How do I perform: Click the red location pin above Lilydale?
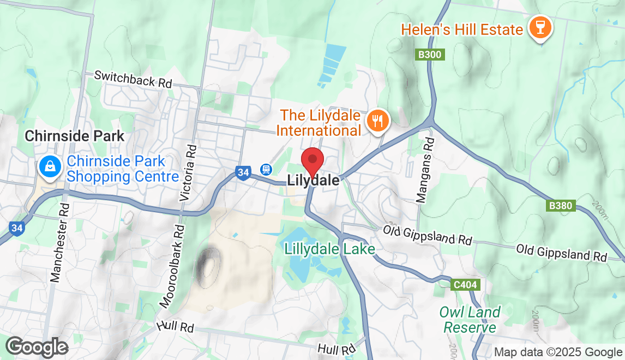(313, 160)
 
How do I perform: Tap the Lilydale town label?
(313, 181)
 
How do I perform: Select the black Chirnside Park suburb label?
(75, 136)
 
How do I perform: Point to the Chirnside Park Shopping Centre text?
(123, 169)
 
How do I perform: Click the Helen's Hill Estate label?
(462, 29)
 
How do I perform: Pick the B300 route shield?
(430, 55)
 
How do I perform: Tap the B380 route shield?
(561, 206)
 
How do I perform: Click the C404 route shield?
(465, 284)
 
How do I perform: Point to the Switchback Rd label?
(133, 80)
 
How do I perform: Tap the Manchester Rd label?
(60, 243)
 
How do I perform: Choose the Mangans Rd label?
(424, 170)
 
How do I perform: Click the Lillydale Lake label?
(329, 249)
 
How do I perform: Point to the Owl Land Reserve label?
(470, 320)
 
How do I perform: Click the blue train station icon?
(266, 170)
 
